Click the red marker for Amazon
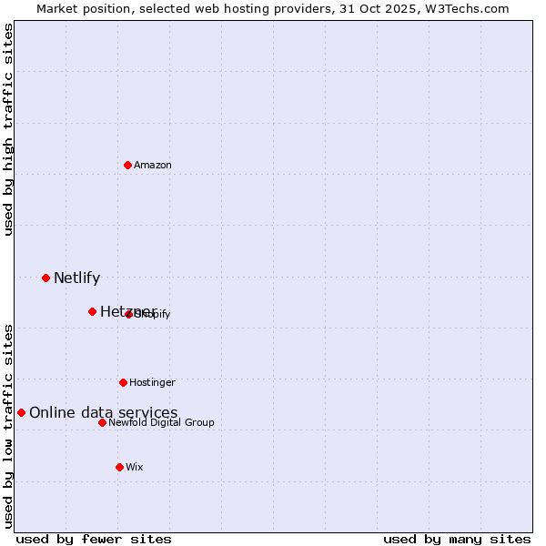tap(127, 165)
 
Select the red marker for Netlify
tap(45, 278)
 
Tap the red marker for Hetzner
tap(92, 311)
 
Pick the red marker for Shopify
tap(128, 314)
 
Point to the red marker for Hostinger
tap(123, 382)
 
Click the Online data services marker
tap(21, 412)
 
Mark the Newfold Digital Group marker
tap(102, 422)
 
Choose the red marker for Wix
tap(119, 467)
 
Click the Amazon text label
tap(153, 165)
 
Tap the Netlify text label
tap(76, 278)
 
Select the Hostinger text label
tap(152, 382)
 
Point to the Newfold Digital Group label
tap(161, 422)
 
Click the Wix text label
tap(135, 467)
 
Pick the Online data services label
tap(103, 413)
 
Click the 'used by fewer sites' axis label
tap(94, 539)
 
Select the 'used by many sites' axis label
tap(457, 539)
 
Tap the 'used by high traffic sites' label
tap(9, 129)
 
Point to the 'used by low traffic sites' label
tap(9, 425)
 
